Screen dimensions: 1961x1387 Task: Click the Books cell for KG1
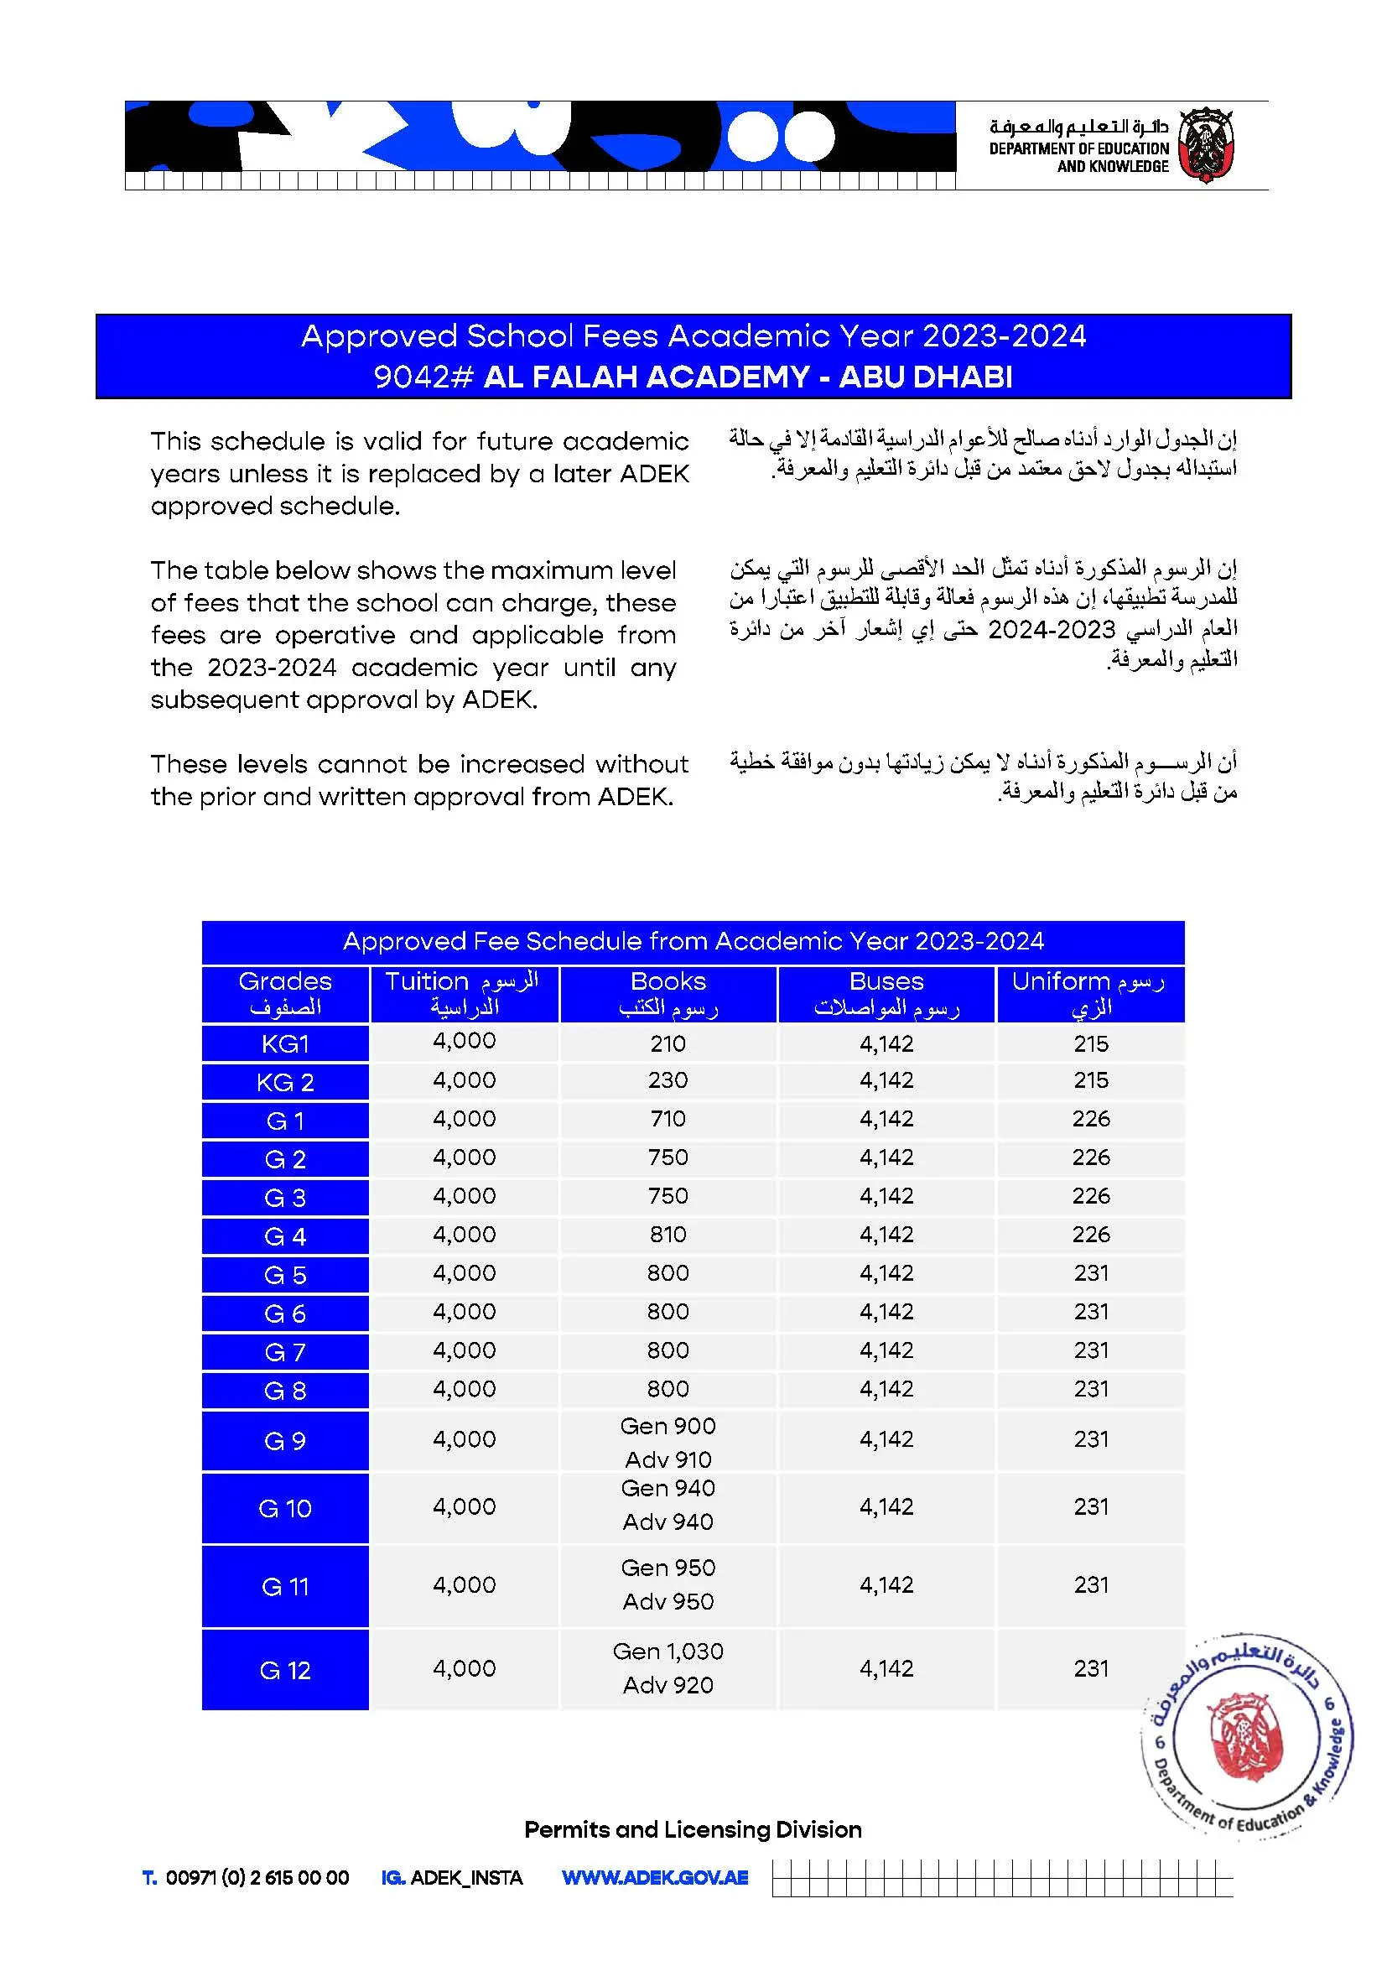click(668, 1043)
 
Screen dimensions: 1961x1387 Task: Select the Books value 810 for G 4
click(668, 1234)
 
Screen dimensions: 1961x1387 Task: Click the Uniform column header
click(1091, 994)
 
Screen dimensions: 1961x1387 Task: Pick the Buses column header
click(886, 994)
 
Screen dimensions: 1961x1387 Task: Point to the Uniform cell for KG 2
click(1091, 1080)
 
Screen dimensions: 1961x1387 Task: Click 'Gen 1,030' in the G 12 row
click(668, 1652)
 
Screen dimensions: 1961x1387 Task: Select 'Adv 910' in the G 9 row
click(668, 1459)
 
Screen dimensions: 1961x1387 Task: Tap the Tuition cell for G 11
click(464, 1585)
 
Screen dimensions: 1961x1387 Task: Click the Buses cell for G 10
click(886, 1506)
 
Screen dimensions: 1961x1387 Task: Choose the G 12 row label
click(285, 1671)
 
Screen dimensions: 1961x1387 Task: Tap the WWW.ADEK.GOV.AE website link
click(655, 1878)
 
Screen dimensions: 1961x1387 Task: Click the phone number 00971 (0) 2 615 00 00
click(257, 1878)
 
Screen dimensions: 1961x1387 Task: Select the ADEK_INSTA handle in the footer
click(466, 1878)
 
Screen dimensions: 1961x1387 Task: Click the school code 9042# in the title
click(423, 377)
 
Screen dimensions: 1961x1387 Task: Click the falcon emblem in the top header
click(1205, 144)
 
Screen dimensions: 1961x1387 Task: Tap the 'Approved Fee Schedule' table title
click(693, 941)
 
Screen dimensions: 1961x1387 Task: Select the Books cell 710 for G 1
click(668, 1119)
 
